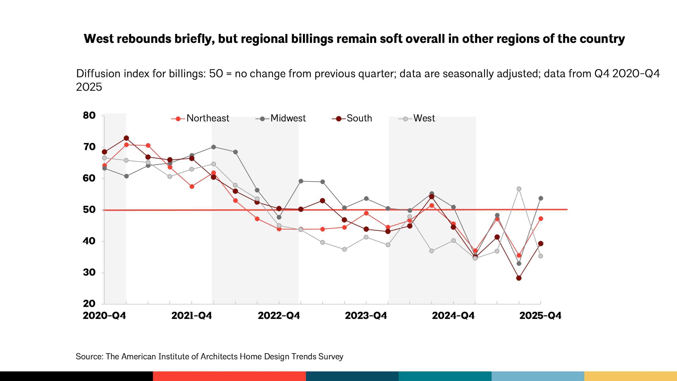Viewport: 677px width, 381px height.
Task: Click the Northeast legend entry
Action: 201,118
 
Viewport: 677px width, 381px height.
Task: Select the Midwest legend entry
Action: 281,118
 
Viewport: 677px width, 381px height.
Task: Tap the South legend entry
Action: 352,118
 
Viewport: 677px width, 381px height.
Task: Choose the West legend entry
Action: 417,118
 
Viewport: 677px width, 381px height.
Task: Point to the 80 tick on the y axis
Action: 89,115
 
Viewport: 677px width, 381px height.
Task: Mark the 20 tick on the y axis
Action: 89,303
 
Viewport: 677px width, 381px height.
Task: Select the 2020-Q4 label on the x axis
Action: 104,315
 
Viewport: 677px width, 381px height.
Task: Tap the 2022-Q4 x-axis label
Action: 279,315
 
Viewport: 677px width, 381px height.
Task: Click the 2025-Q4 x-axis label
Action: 540,315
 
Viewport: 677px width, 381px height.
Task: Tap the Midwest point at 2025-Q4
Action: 541,198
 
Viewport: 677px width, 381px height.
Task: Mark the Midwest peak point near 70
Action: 213,147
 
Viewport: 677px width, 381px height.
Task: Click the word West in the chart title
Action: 98,39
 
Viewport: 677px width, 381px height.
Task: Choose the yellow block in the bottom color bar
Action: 630,376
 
